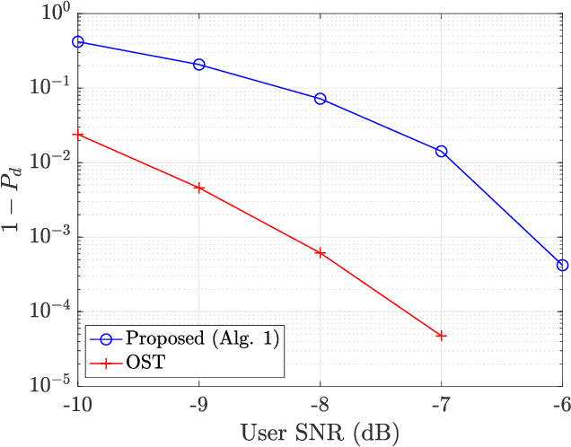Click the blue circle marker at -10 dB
click(78, 42)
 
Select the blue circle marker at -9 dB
click(199, 65)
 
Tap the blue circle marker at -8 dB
click(320, 99)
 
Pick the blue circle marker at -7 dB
click(441, 152)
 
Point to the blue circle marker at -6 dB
click(562, 265)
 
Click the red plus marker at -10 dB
click(78, 135)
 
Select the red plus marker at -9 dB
click(199, 188)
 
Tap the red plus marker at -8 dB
click(320, 253)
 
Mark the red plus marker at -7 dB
click(441, 336)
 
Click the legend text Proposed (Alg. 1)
click(203, 338)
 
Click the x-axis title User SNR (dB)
click(320, 432)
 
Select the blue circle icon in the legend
click(105, 339)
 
